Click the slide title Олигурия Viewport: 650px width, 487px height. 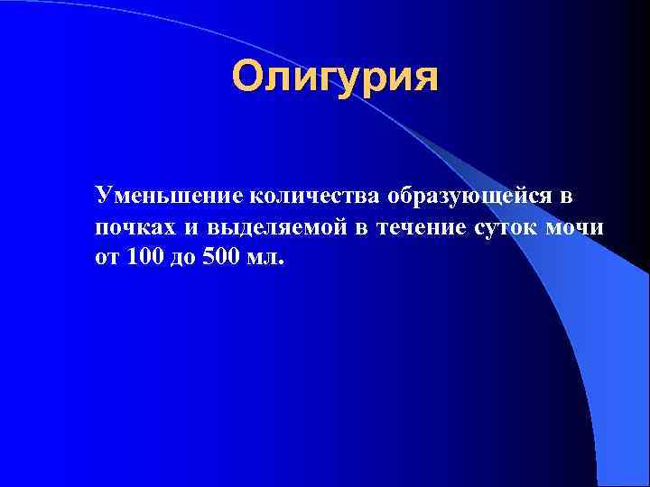click(x=334, y=78)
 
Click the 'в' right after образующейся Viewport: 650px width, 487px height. click(x=567, y=197)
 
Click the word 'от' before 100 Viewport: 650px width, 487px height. click(x=107, y=258)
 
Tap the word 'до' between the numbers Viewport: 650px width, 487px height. click(x=186, y=258)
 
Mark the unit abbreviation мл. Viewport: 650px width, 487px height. click(x=267, y=258)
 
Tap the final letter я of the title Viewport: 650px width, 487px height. click(x=424, y=78)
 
